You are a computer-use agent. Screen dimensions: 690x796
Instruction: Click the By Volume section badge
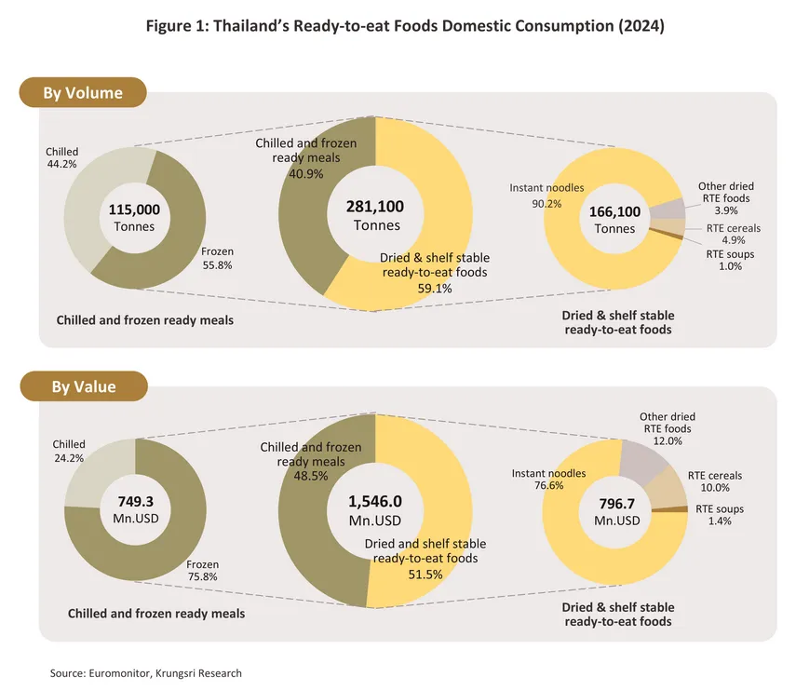83,93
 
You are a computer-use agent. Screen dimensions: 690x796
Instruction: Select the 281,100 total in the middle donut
376,206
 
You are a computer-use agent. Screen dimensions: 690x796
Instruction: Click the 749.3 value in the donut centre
135,501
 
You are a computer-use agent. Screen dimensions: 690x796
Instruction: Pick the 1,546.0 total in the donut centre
375,500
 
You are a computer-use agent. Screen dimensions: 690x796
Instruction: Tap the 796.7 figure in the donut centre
613,503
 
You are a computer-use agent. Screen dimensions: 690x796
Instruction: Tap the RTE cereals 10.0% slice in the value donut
668,487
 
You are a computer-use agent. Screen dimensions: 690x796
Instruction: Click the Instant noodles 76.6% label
548,480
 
